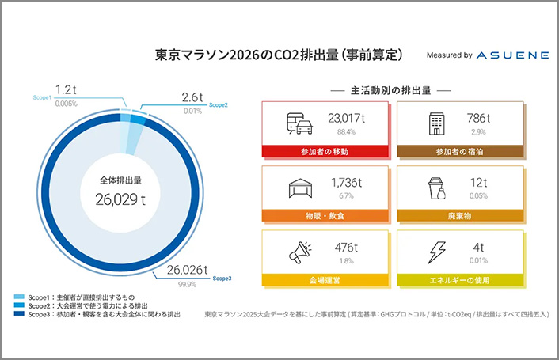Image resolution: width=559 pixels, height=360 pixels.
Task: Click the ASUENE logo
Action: tap(512, 55)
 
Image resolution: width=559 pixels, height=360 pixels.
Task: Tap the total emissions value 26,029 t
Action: tap(120, 199)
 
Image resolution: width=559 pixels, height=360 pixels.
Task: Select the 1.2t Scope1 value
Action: tap(66, 89)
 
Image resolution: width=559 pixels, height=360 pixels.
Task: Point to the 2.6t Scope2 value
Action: tap(192, 97)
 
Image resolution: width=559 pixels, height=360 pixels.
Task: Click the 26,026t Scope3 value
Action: tap(187, 270)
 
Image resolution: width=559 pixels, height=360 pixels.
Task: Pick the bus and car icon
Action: tap(299, 123)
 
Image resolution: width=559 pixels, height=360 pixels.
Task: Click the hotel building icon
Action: tap(437, 123)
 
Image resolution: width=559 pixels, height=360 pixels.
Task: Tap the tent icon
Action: tap(300, 188)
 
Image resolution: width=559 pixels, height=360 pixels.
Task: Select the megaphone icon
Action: tap(300, 252)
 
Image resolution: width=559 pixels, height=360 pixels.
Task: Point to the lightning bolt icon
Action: tap(437, 252)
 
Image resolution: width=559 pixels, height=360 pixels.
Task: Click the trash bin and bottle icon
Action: tap(437, 188)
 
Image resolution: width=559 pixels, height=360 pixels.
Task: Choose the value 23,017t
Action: tap(346, 118)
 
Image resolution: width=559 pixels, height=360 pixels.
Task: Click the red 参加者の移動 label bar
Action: tap(325, 151)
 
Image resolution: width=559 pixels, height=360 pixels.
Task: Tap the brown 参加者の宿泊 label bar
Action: tap(460, 151)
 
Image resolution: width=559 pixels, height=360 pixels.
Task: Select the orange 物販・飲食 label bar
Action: tap(325, 216)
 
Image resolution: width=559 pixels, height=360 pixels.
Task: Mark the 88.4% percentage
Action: tap(346, 132)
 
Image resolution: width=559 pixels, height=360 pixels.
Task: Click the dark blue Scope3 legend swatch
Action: tap(19, 313)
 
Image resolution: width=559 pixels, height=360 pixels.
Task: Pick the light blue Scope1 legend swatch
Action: tap(19, 297)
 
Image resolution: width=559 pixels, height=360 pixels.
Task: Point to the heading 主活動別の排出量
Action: tap(390, 91)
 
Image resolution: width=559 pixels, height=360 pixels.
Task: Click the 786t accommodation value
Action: tap(478, 118)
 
